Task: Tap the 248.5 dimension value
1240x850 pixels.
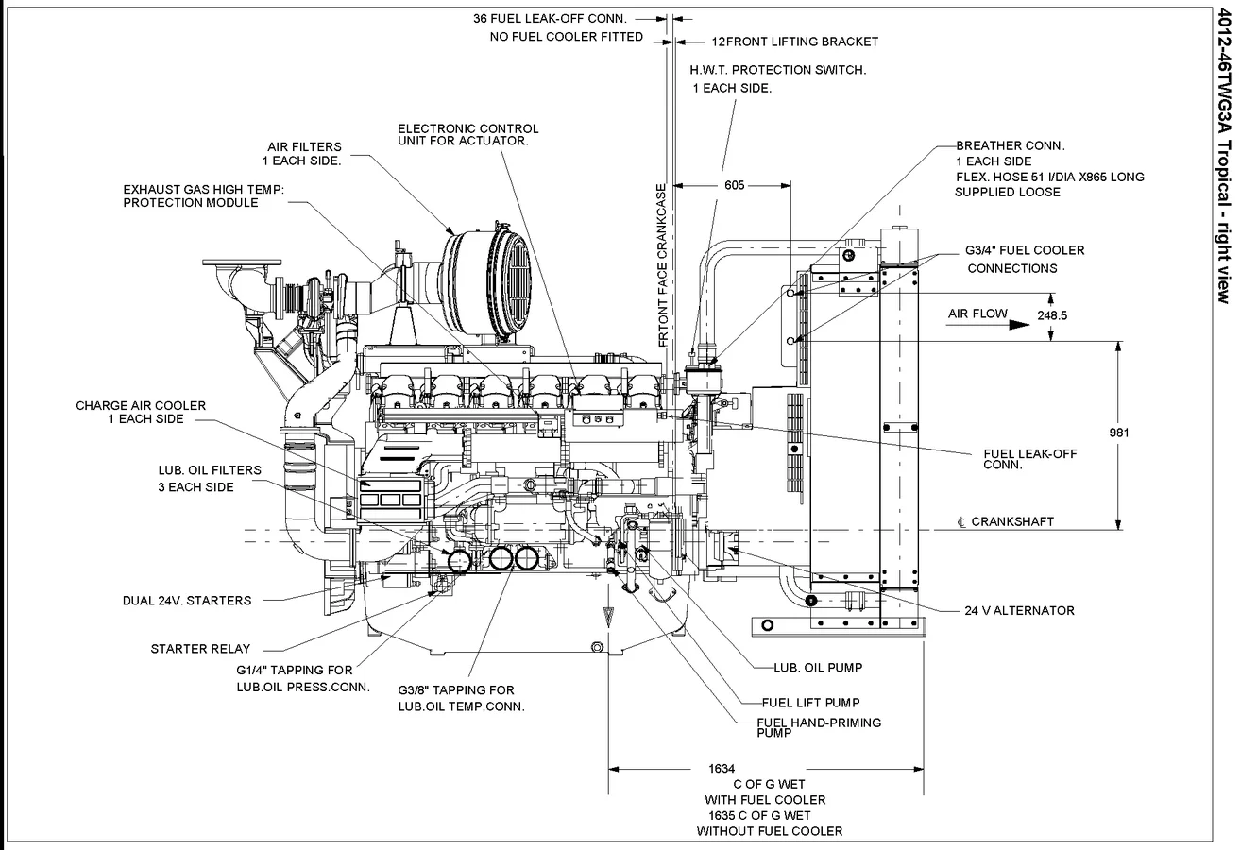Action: [x=1050, y=315]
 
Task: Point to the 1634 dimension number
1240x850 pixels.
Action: [x=721, y=769]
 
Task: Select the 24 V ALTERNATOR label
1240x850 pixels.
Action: [x=1019, y=611]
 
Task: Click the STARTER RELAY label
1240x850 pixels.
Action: [x=200, y=649]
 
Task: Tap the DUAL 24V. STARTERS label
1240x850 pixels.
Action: [x=187, y=600]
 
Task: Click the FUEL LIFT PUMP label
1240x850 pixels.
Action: [x=810, y=703]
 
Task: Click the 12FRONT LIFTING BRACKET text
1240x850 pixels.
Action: [x=794, y=42]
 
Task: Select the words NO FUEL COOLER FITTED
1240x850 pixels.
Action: [x=566, y=37]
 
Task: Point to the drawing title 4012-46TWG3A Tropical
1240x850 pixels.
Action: [x=1224, y=151]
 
